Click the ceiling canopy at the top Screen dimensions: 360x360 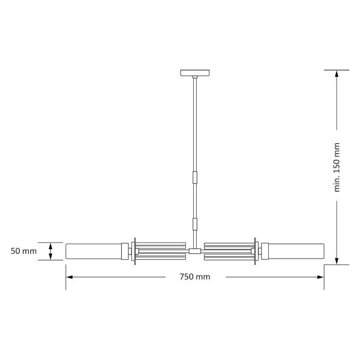pyautogui.click(x=195, y=73)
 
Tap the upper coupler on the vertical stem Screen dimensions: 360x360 pyautogui.click(x=195, y=178)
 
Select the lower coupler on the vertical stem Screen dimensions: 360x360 pyautogui.click(x=195, y=224)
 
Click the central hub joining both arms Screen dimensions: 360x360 pyautogui.click(x=195, y=251)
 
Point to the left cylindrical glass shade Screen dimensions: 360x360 pyautogui.click(x=93, y=251)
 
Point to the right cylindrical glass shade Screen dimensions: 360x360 pyautogui.click(x=297, y=251)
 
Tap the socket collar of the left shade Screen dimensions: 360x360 pyautogui.click(x=125, y=251)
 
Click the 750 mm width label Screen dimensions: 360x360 pyautogui.click(x=195, y=277)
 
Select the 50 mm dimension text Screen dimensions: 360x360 pyautogui.click(x=24, y=251)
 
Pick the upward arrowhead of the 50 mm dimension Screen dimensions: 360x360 pyautogui.click(x=51, y=245)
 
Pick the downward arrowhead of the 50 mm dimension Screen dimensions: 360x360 pyautogui.click(x=51, y=257)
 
